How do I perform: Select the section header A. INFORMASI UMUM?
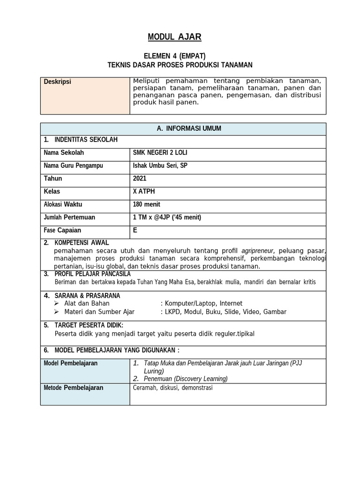pyautogui.click(x=183, y=128)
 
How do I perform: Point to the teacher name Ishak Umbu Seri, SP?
pyautogui.click(x=160, y=165)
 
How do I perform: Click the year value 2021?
pyautogui.click(x=140, y=179)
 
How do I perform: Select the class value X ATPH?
pyautogui.click(x=143, y=191)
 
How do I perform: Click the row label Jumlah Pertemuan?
pyautogui.click(x=69, y=217)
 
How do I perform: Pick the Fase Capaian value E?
pyautogui.click(x=135, y=230)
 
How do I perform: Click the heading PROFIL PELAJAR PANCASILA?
pyautogui.click(x=93, y=274)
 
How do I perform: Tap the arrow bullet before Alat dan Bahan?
pyautogui.click(x=57, y=304)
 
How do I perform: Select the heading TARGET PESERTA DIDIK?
pyautogui.click(x=89, y=325)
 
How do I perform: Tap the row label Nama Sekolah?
pyautogui.click(x=64, y=153)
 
